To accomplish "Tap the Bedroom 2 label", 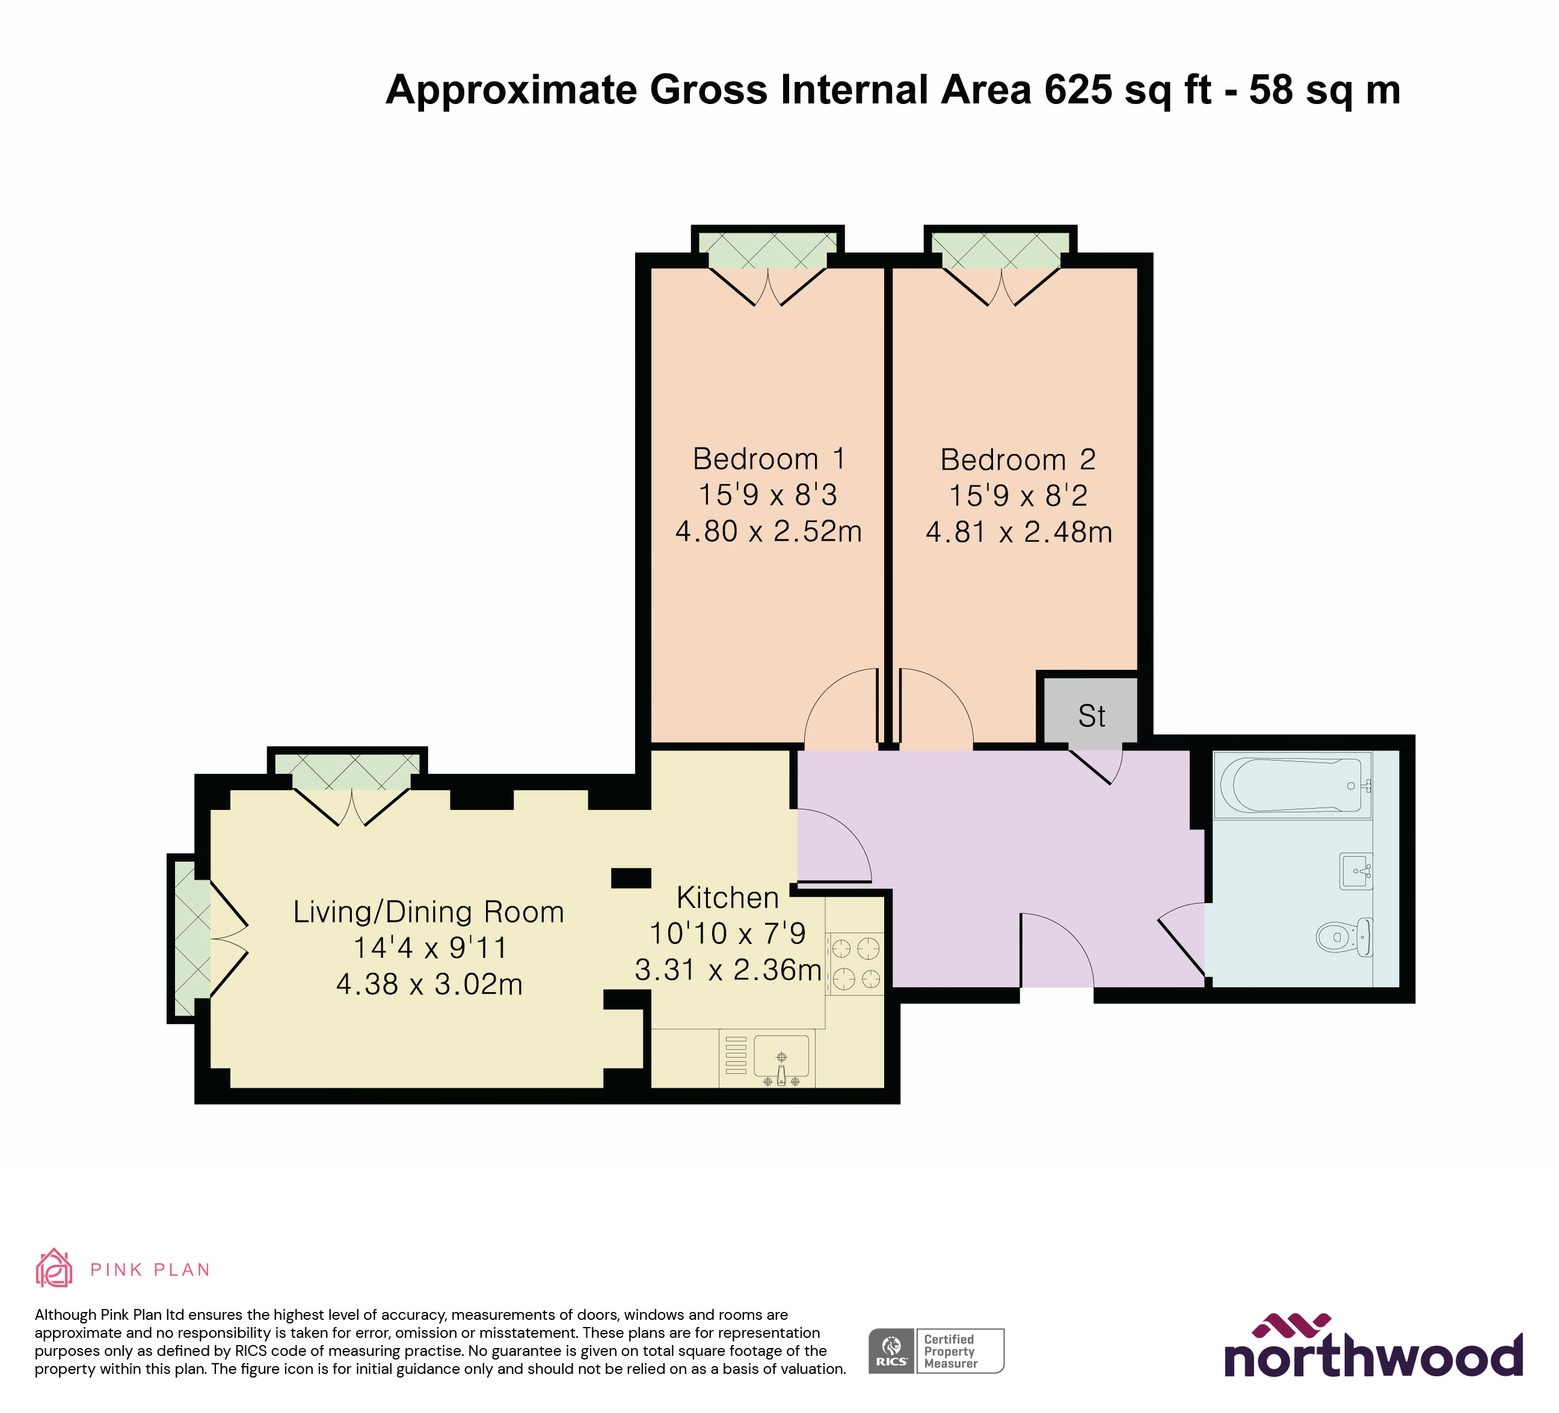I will tap(1018, 460).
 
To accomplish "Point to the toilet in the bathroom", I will tap(1344, 937).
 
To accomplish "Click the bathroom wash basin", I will tap(1355, 871).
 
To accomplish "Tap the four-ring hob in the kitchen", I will tap(855, 963).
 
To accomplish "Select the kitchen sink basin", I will tap(781, 1056).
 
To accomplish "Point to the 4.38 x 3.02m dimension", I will tap(429, 984).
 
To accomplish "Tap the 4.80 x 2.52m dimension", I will tap(769, 531).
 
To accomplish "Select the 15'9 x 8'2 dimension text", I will tap(1018, 495).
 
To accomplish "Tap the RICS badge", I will tap(891, 1350).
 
